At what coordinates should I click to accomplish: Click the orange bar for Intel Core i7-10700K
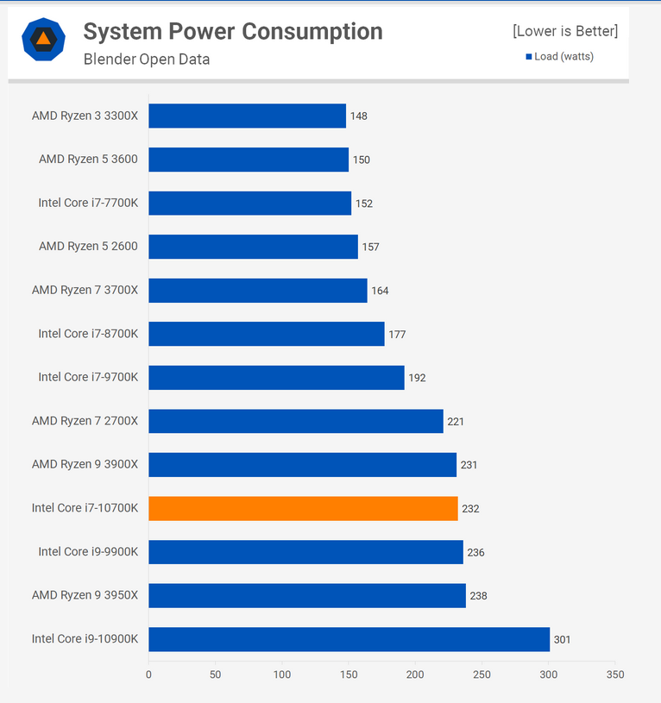click(303, 508)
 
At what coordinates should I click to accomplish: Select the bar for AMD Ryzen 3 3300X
click(247, 116)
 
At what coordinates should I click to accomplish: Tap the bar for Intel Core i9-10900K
click(349, 639)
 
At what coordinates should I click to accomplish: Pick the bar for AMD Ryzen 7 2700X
click(295, 421)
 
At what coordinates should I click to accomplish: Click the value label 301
click(563, 639)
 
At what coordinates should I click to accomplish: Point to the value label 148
click(359, 116)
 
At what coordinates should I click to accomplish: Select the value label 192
click(417, 378)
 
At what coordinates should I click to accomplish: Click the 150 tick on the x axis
click(349, 675)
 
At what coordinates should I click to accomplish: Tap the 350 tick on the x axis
click(615, 675)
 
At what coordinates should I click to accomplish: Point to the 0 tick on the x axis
click(148, 675)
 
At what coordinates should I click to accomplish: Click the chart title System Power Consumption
click(233, 32)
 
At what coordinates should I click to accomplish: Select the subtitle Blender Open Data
click(147, 60)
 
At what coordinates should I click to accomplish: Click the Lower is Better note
click(565, 31)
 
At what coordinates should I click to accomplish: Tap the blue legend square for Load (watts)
click(529, 57)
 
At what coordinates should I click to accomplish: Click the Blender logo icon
click(43, 39)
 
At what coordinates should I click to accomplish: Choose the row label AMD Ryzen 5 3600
click(88, 160)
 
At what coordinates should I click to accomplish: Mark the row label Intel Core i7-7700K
click(88, 203)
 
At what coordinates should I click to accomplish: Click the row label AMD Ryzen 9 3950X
click(85, 595)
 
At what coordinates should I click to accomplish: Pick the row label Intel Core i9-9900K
click(88, 552)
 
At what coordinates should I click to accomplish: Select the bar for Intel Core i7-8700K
click(266, 334)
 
